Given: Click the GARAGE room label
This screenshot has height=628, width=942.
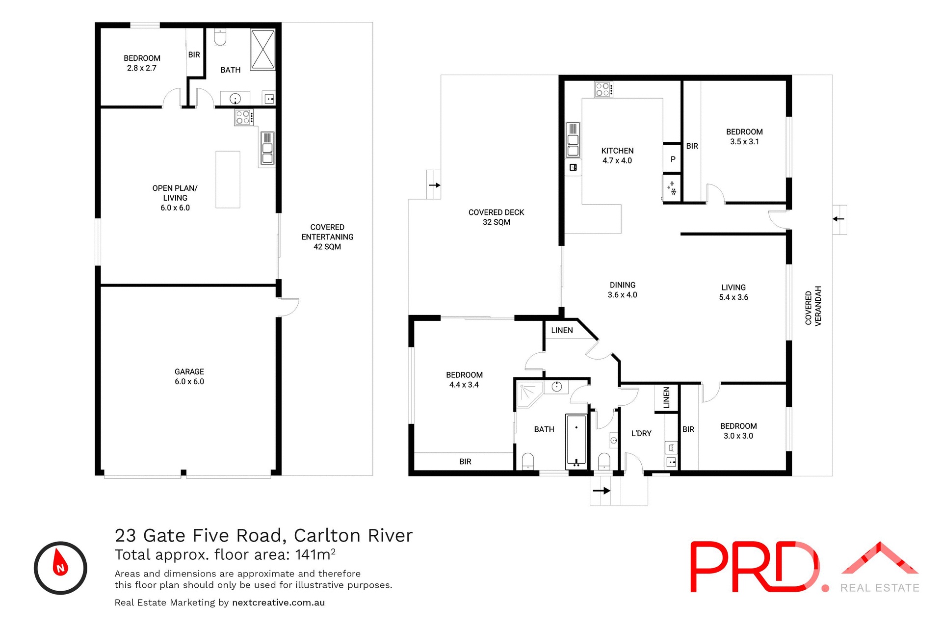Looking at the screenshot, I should click(x=189, y=376).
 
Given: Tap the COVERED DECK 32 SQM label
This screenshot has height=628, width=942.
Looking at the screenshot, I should click(x=496, y=217).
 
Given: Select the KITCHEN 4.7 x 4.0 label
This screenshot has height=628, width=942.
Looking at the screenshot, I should click(x=617, y=156).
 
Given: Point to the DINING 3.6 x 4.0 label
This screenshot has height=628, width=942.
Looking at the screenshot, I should click(x=622, y=289).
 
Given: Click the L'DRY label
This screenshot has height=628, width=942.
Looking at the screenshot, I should click(x=641, y=433).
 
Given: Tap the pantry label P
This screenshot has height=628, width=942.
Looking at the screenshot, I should click(x=673, y=159).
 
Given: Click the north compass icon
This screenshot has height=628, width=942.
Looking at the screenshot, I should click(x=60, y=568).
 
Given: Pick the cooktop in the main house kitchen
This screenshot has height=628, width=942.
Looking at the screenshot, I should click(x=603, y=89).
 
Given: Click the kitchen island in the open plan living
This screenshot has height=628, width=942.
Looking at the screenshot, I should click(x=228, y=179).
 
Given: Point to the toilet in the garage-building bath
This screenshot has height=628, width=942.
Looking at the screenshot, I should click(x=220, y=37).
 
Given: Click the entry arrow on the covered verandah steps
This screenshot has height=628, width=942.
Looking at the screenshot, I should click(x=838, y=219).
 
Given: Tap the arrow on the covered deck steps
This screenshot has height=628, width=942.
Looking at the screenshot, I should click(x=435, y=185).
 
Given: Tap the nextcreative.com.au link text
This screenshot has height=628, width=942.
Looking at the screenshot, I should click(x=278, y=602).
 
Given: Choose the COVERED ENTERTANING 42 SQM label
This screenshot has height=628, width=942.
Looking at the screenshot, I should click(x=327, y=236).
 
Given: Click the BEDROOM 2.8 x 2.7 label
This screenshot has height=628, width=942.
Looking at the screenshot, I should click(x=142, y=63).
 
